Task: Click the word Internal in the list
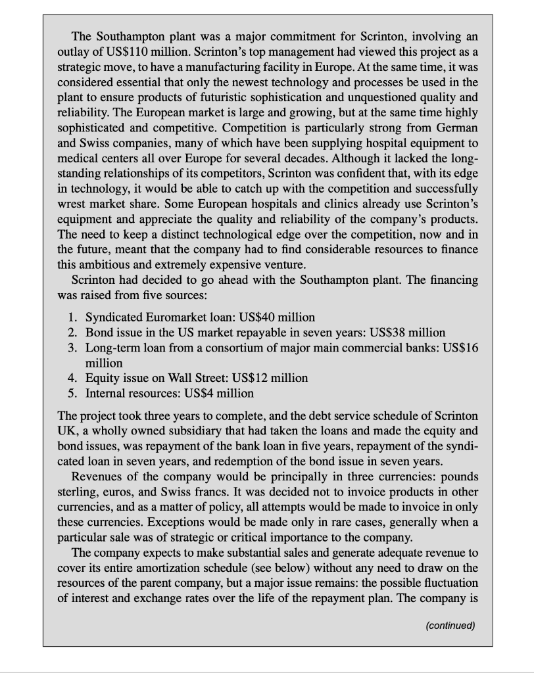point(109,393)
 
